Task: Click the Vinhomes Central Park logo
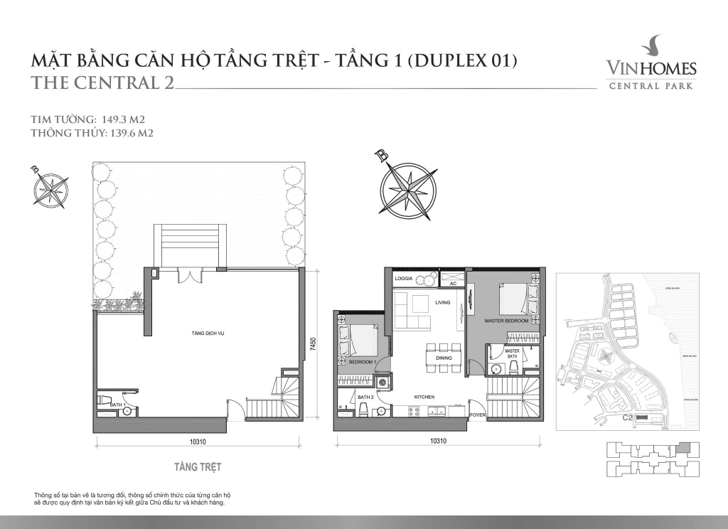651,68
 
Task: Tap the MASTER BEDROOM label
506,321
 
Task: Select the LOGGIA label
405,279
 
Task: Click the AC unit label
452,284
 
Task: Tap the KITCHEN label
424,397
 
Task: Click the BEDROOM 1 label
362,362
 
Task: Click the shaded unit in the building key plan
683,449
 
